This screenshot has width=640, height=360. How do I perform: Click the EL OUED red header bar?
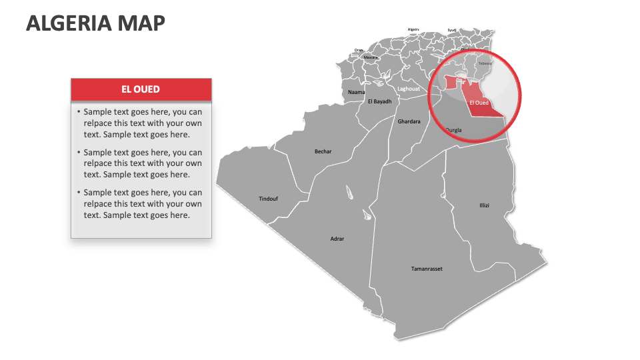click(x=141, y=89)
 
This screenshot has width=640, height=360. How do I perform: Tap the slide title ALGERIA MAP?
click(x=95, y=23)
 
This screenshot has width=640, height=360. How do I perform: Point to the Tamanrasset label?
click(x=427, y=269)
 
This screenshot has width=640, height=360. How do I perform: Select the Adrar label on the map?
click(x=337, y=239)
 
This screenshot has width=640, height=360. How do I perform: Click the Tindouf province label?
click(x=268, y=199)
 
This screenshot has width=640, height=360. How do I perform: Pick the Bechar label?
click(x=323, y=151)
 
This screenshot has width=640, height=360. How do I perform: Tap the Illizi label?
click(x=484, y=205)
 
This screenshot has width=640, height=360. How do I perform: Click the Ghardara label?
click(x=409, y=121)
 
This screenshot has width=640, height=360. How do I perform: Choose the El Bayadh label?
click(x=379, y=101)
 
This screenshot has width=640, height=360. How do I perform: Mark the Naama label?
click(x=357, y=92)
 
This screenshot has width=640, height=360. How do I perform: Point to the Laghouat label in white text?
click(x=409, y=89)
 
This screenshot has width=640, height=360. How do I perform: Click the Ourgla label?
click(x=453, y=130)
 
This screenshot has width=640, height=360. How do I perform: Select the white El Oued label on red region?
click(x=479, y=103)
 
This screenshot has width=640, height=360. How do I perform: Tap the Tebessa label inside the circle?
click(x=485, y=63)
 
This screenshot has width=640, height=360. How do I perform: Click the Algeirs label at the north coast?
click(x=413, y=29)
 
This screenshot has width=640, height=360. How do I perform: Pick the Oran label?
click(x=359, y=50)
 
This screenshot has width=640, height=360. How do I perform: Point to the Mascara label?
click(x=371, y=57)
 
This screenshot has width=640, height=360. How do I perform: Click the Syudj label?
click(x=452, y=30)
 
